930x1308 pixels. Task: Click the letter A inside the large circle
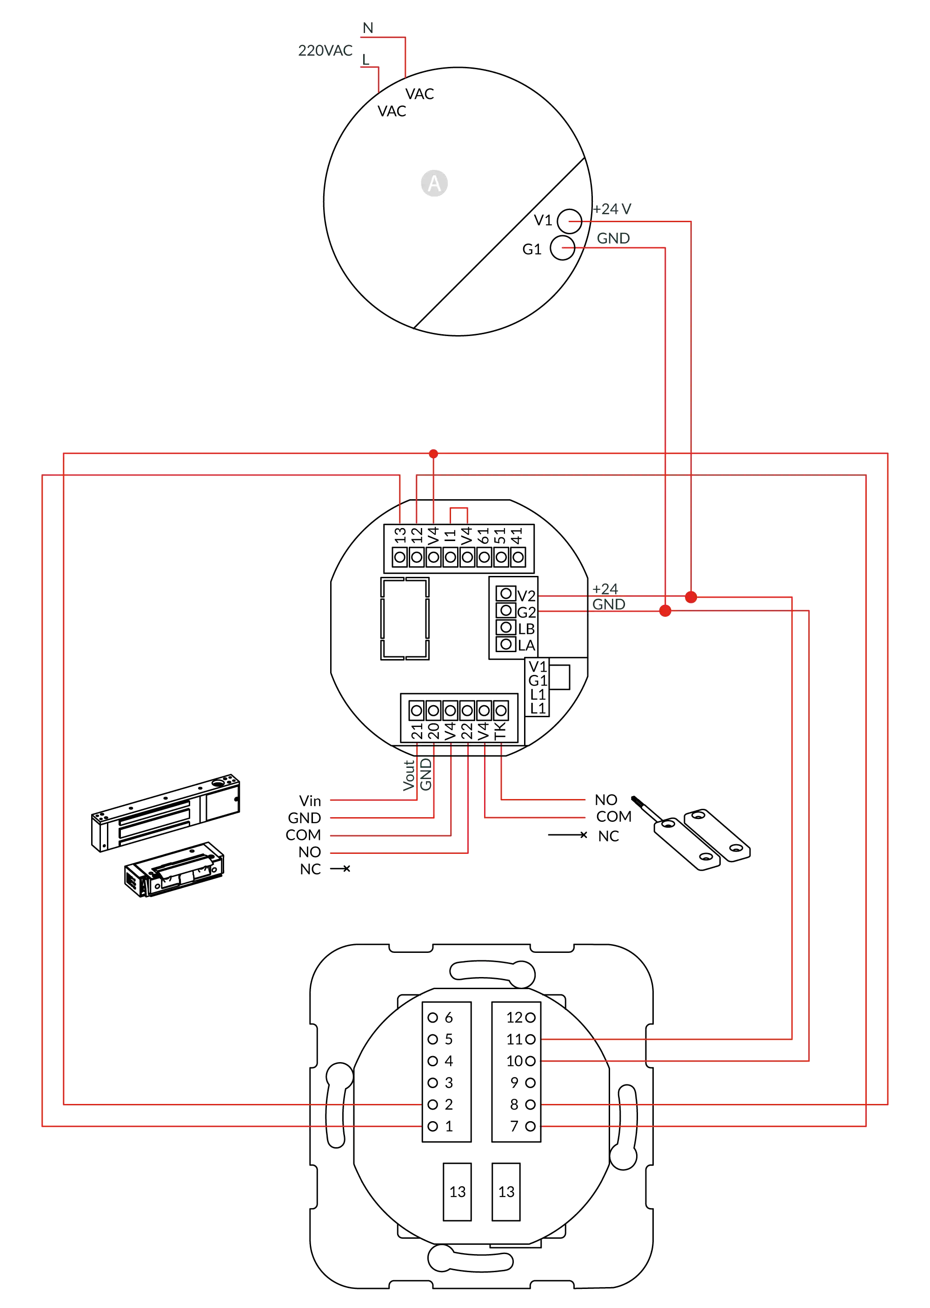(x=434, y=184)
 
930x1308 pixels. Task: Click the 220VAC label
(x=325, y=50)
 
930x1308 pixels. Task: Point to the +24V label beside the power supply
(x=612, y=209)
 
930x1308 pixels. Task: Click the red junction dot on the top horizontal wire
(x=433, y=453)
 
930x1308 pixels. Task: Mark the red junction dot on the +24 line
(x=691, y=597)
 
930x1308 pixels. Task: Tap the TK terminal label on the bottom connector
(x=500, y=730)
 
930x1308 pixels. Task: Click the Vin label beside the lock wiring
(x=310, y=799)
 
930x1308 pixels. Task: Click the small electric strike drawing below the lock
(x=175, y=869)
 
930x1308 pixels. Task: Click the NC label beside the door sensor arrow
(x=609, y=837)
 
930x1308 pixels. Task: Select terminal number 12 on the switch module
(x=514, y=1017)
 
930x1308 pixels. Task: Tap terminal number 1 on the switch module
(x=449, y=1127)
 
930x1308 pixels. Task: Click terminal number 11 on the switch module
(x=514, y=1039)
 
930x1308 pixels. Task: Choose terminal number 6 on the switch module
(x=448, y=1017)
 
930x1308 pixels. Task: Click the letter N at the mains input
(x=368, y=27)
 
